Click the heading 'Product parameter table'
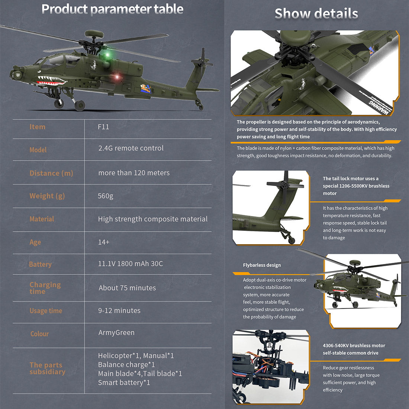[x=112, y=9]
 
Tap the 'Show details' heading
[x=316, y=14]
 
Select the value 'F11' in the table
[x=103, y=127]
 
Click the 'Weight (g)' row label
[x=47, y=196]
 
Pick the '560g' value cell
[x=105, y=196]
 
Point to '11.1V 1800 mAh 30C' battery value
[x=130, y=264]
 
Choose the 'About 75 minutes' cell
[x=127, y=288]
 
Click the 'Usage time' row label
[x=46, y=311]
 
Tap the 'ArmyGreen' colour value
[x=116, y=333]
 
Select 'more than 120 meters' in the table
[x=134, y=173]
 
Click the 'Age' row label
[x=35, y=242]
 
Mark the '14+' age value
[x=104, y=242]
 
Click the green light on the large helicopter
[x=108, y=55]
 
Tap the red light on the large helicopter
[x=117, y=77]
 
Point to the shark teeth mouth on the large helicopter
[x=52, y=80]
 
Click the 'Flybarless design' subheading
[x=262, y=265]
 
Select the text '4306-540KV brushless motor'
[x=354, y=345]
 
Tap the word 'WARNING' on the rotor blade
[x=380, y=108]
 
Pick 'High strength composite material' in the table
[x=152, y=219]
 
